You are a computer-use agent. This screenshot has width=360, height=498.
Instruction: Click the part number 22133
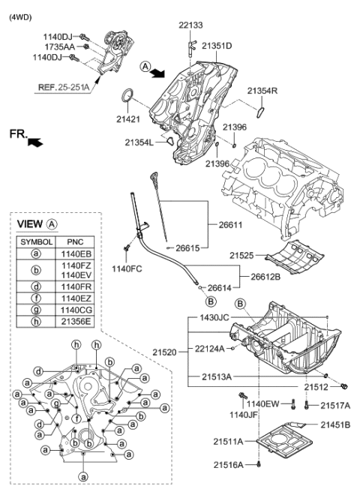tap(190, 25)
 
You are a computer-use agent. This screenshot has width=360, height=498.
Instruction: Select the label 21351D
tap(216, 46)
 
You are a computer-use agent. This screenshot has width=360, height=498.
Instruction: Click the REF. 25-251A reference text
tap(64, 87)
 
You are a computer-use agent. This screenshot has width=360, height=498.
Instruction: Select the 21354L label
tap(140, 142)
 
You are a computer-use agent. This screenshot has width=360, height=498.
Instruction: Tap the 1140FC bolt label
tap(127, 268)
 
